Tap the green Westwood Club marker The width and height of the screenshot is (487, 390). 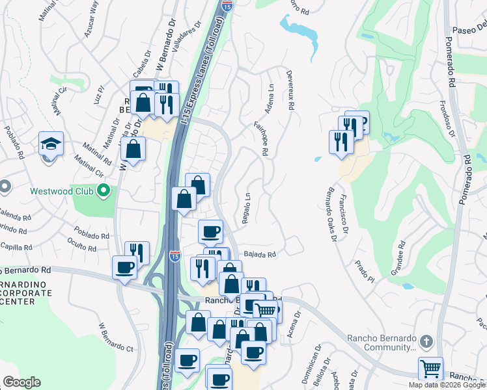coord(103,191)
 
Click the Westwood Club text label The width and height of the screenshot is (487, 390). coord(63,192)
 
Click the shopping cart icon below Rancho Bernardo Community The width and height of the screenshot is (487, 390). coord(430,369)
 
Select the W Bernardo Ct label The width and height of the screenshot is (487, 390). coord(115,335)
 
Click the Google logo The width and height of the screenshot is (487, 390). coord(21,382)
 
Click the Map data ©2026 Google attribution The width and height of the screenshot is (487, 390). coord(447,385)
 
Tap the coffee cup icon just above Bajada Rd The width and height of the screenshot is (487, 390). coord(210,231)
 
